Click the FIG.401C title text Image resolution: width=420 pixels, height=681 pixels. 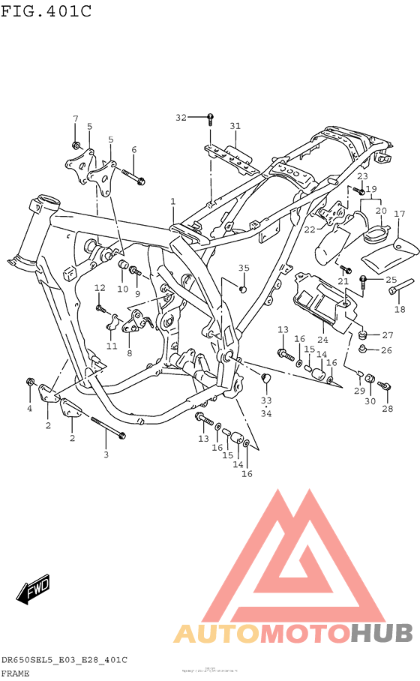46,10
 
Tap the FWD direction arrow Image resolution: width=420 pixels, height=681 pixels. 35,590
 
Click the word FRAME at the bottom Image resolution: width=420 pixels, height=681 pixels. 16,673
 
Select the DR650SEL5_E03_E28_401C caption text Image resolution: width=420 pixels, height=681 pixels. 64,659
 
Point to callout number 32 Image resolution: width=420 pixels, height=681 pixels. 180,118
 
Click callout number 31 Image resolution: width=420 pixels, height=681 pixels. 235,126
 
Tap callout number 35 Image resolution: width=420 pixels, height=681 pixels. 244,268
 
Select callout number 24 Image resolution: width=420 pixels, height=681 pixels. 322,340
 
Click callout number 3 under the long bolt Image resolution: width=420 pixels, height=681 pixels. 106,454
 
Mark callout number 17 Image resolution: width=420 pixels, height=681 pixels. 400,214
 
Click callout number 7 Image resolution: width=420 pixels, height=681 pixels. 75,119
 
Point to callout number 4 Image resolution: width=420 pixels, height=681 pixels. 30,408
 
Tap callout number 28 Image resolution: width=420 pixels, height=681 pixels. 387,409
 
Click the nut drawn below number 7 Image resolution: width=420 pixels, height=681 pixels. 76,144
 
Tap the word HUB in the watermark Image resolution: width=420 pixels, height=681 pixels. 381,633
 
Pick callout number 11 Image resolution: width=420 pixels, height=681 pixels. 112,346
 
